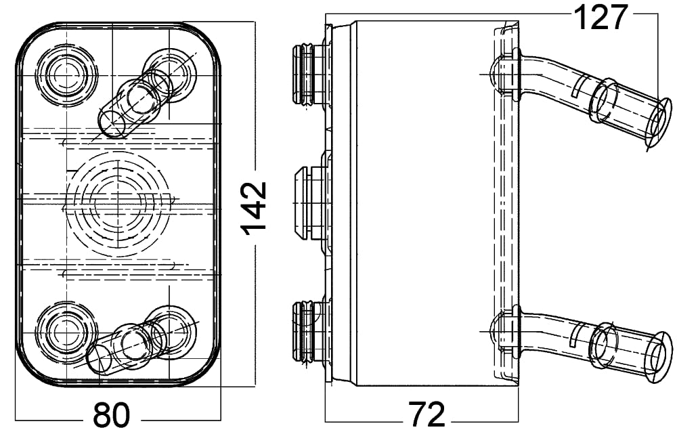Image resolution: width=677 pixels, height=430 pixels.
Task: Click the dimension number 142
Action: click(255, 209)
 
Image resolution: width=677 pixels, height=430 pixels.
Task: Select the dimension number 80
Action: click(111, 415)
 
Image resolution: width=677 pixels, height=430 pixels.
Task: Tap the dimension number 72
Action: click(427, 414)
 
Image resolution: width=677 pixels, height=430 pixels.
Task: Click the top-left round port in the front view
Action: click(66, 75)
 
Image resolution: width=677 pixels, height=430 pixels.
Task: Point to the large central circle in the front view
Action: click(117, 204)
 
